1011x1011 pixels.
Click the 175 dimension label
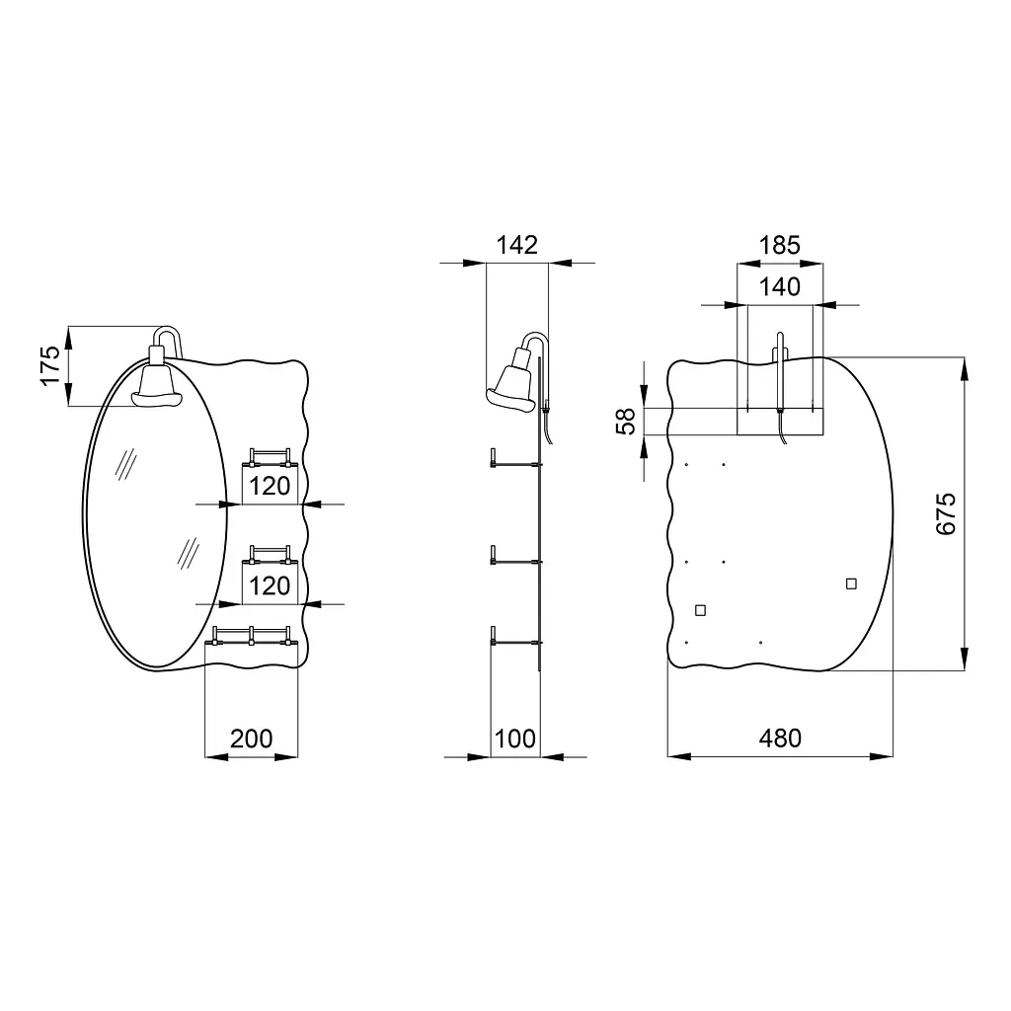pos(50,365)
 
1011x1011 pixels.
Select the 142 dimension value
pos(517,245)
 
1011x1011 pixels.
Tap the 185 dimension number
pos(780,245)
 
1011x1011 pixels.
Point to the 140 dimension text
pos(780,287)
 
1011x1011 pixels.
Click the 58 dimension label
pos(626,422)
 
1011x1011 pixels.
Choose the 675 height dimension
pos(946,513)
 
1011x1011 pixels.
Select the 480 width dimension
pos(780,739)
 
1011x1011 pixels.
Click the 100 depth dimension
pos(515,739)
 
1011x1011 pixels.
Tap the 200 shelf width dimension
pos(252,739)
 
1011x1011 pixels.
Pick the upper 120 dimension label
pos(270,486)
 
